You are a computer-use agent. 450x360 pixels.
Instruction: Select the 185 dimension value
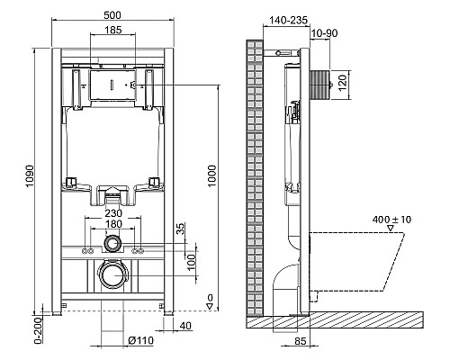(x=113, y=31)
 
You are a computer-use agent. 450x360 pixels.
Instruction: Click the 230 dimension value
(x=113, y=214)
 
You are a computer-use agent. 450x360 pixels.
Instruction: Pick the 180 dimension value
(x=113, y=225)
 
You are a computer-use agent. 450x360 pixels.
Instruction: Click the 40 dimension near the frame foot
(x=184, y=327)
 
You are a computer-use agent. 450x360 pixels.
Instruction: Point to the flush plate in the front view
(x=113, y=85)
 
